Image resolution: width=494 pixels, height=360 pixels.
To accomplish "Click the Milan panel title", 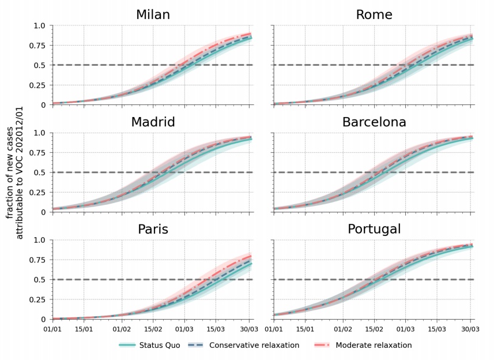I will [153, 15].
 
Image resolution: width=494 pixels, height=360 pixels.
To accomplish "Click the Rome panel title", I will [374, 15].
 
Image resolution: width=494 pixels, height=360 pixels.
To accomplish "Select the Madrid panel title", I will [153, 122].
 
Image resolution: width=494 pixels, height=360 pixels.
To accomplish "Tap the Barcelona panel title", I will [374, 122].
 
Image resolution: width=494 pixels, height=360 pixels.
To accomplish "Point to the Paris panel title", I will [153, 230].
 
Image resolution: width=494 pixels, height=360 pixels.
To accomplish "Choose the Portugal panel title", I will [374, 230].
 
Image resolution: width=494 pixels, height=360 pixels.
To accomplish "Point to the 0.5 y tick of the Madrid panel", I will [39, 172].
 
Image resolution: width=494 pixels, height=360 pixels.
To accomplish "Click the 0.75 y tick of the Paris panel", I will [37, 260].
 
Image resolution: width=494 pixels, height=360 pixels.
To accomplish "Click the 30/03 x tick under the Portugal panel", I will [471, 329].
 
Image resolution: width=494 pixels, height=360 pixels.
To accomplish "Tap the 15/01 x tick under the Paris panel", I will [84, 329].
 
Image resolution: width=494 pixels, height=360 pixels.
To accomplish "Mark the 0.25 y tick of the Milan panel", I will [37, 85].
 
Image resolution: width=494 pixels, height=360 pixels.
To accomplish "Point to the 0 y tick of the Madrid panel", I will [43, 212].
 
